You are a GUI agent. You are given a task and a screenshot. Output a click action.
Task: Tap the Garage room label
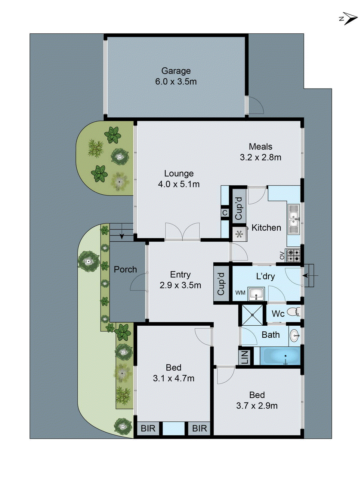pyautogui.click(x=176, y=71)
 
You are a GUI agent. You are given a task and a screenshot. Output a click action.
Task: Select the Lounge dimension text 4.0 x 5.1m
pyautogui.click(x=179, y=184)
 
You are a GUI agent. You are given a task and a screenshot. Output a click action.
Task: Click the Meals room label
pyautogui.click(x=261, y=147)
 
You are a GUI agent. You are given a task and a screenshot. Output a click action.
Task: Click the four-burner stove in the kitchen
pyautogui.click(x=293, y=255)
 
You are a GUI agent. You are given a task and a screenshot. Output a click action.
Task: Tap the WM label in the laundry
pyautogui.click(x=240, y=293)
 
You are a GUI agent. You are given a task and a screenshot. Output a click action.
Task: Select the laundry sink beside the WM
pyautogui.click(x=256, y=294)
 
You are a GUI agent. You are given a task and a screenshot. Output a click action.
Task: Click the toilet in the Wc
pyautogui.click(x=293, y=311)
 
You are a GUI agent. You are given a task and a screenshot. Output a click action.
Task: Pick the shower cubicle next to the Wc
pyautogui.click(x=252, y=315)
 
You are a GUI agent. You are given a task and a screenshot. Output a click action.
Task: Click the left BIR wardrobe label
pyautogui.click(x=148, y=428)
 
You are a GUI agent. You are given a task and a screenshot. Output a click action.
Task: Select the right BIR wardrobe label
pyautogui.click(x=199, y=428)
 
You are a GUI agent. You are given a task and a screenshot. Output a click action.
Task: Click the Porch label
pyautogui.click(x=125, y=269)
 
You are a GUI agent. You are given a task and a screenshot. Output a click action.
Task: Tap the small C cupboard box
pyautogui.click(x=225, y=213)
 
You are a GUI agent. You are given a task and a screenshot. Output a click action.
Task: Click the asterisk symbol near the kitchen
pyautogui.click(x=239, y=234)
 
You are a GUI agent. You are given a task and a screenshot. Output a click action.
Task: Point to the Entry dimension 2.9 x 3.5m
pyautogui.click(x=180, y=285)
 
